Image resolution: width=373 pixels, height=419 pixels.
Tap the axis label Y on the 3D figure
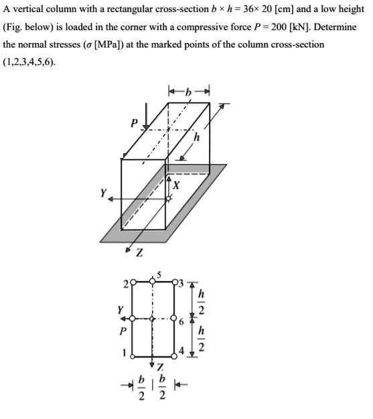tap(103, 194)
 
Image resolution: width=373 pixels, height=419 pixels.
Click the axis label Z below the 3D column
tap(139, 253)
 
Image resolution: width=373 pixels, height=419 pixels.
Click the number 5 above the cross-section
tap(159, 275)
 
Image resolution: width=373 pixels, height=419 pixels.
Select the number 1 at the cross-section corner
tap(122, 353)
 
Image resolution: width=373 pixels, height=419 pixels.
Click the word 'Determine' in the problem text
tap(334, 27)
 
